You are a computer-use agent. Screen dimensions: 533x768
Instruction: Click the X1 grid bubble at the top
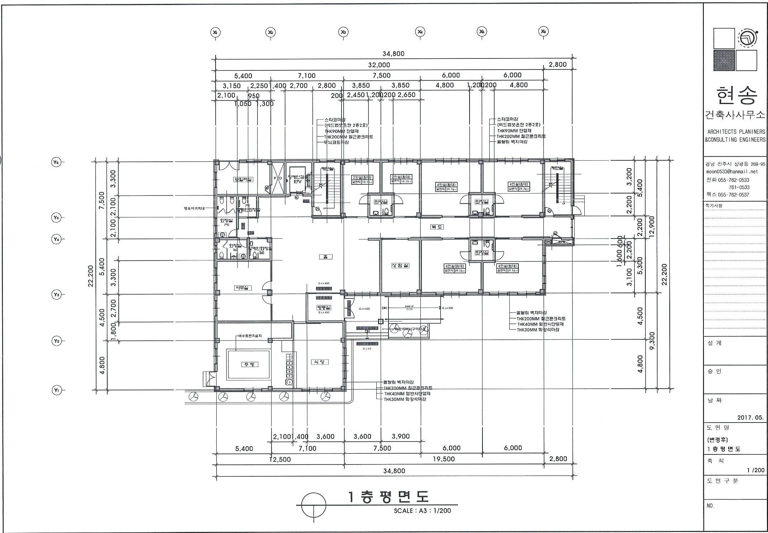point(215,32)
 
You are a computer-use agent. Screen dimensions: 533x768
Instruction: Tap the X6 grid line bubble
point(543,32)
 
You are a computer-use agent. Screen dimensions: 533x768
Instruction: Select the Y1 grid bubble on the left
point(56,390)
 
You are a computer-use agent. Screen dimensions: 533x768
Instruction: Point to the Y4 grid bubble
point(56,239)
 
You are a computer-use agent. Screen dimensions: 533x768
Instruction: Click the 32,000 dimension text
point(379,65)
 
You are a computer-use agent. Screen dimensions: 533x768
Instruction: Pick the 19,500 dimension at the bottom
point(444,459)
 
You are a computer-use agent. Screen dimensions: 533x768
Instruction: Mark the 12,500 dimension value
point(280,459)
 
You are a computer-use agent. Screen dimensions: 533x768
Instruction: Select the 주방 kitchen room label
point(249,364)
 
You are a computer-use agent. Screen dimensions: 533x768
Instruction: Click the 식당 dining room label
point(319,362)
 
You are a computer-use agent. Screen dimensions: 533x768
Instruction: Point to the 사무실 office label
point(243,288)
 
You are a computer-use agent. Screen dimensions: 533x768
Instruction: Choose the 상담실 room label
point(400,265)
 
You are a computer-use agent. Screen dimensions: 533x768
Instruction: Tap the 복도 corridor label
point(437,227)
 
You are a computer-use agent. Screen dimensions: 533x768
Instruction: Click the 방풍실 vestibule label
point(324,307)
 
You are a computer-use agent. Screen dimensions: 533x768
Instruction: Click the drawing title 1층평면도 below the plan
point(388,497)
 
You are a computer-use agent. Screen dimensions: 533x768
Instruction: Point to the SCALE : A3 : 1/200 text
point(422,510)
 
